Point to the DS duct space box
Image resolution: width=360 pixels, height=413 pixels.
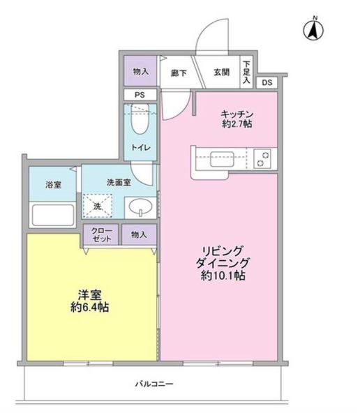click(268, 82)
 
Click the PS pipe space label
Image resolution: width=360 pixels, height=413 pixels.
click(140, 96)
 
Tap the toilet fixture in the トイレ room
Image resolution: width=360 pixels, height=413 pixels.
click(140, 120)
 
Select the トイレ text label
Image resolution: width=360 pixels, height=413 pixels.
click(140, 147)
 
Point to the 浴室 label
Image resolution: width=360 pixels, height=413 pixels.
click(53, 184)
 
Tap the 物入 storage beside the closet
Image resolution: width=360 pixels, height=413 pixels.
click(139, 236)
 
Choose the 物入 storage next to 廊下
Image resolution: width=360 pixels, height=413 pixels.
click(140, 70)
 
